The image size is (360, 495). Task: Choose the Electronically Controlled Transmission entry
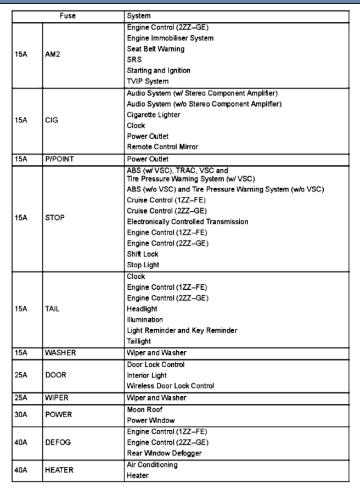(x=188, y=221)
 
